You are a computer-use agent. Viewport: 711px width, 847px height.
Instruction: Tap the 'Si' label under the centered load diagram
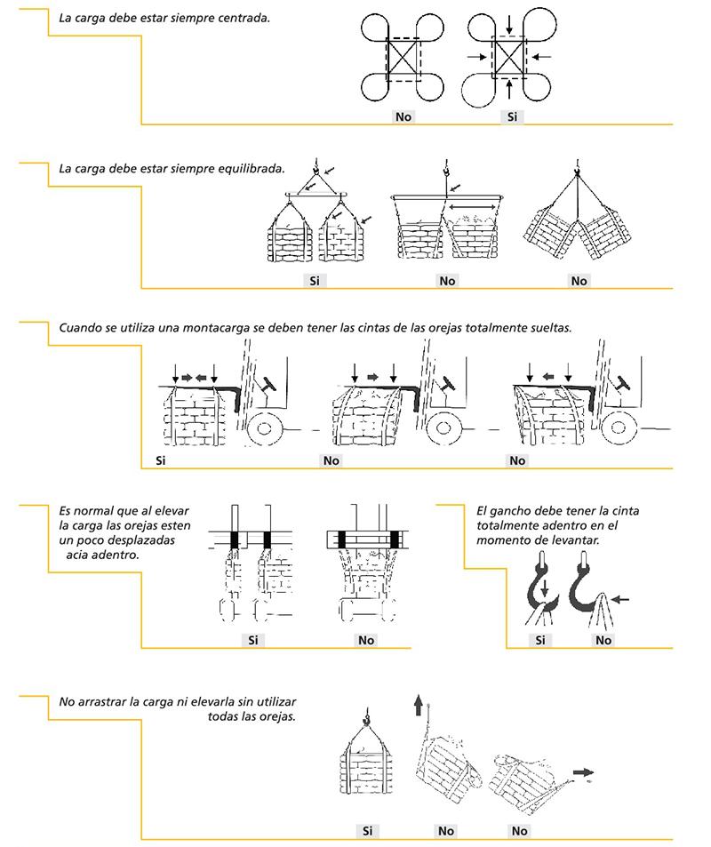click(x=512, y=116)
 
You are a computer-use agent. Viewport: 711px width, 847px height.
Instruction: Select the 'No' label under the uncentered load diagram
click(x=403, y=116)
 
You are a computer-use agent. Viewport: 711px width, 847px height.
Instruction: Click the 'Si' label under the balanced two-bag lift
click(x=315, y=280)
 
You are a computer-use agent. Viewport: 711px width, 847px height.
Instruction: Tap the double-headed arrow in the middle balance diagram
click(x=472, y=207)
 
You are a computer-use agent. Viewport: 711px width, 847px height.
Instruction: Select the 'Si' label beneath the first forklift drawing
click(x=161, y=460)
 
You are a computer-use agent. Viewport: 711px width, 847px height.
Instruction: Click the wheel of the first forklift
click(x=263, y=428)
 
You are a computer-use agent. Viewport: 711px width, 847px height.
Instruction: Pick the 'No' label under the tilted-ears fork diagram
click(x=366, y=640)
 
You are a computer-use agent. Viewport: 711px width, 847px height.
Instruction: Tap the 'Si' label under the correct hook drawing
click(x=540, y=640)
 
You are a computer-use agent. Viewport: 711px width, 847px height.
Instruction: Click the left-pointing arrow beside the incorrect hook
click(x=620, y=599)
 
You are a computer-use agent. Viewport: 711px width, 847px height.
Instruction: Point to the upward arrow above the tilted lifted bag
click(x=418, y=706)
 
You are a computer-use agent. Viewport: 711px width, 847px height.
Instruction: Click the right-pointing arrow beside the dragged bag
click(x=583, y=772)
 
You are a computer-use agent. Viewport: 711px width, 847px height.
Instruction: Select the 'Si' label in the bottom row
click(x=367, y=831)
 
